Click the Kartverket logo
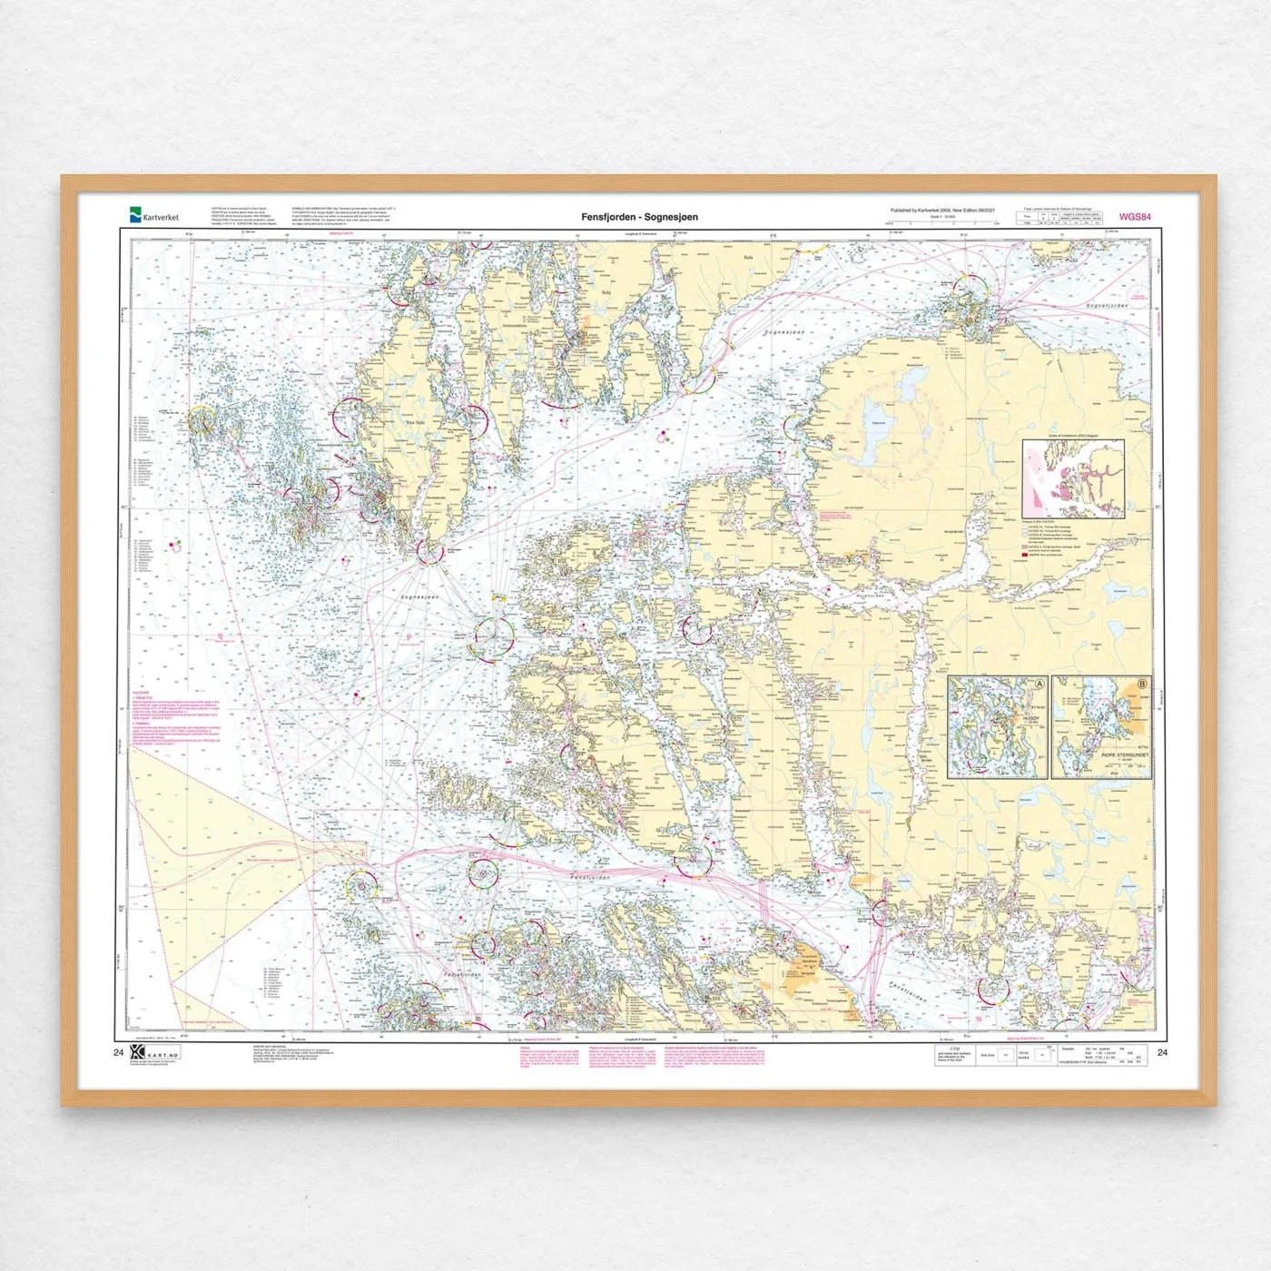(x=154, y=216)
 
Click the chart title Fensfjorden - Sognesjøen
(x=640, y=217)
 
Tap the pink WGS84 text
(x=1135, y=217)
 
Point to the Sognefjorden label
(x=1107, y=306)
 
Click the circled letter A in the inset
(x=1039, y=684)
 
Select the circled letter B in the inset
(x=1142, y=684)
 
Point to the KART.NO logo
(x=155, y=1053)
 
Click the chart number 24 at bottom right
(x=1163, y=1053)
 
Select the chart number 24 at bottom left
(x=118, y=1053)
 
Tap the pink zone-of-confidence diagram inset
(x=1073, y=478)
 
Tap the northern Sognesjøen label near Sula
(x=784, y=332)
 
